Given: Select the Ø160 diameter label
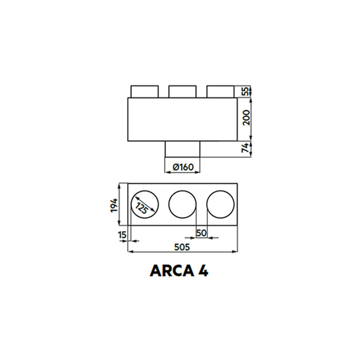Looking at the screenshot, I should (183, 167).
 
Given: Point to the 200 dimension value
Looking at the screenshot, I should (246, 119).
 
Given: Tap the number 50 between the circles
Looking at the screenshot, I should (202, 233).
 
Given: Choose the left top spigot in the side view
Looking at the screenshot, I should (144, 91).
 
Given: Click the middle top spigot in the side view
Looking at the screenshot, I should (183, 91).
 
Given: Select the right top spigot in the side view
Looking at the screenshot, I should (220, 91).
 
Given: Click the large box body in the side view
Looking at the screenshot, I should (182, 119).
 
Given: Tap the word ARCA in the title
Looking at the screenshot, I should (170, 271).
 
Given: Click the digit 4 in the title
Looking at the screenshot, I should (203, 271).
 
